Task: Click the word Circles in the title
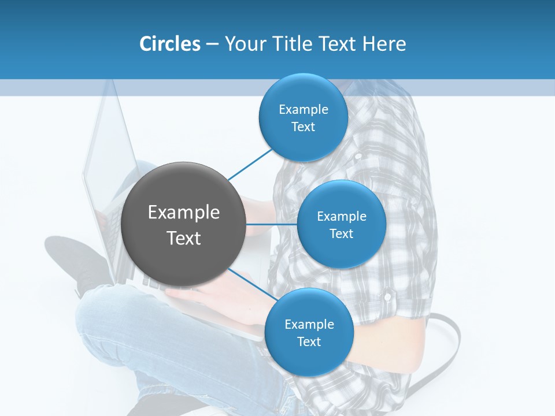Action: click(169, 44)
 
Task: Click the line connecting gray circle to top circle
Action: click(250, 164)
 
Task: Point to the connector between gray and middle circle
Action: click(271, 224)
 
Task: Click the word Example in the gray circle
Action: click(183, 213)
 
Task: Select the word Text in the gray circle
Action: click(183, 238)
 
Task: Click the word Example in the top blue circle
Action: click(303, 109)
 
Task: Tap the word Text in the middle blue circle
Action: click(341, 233)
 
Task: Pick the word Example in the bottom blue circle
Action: click(309, 324)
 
